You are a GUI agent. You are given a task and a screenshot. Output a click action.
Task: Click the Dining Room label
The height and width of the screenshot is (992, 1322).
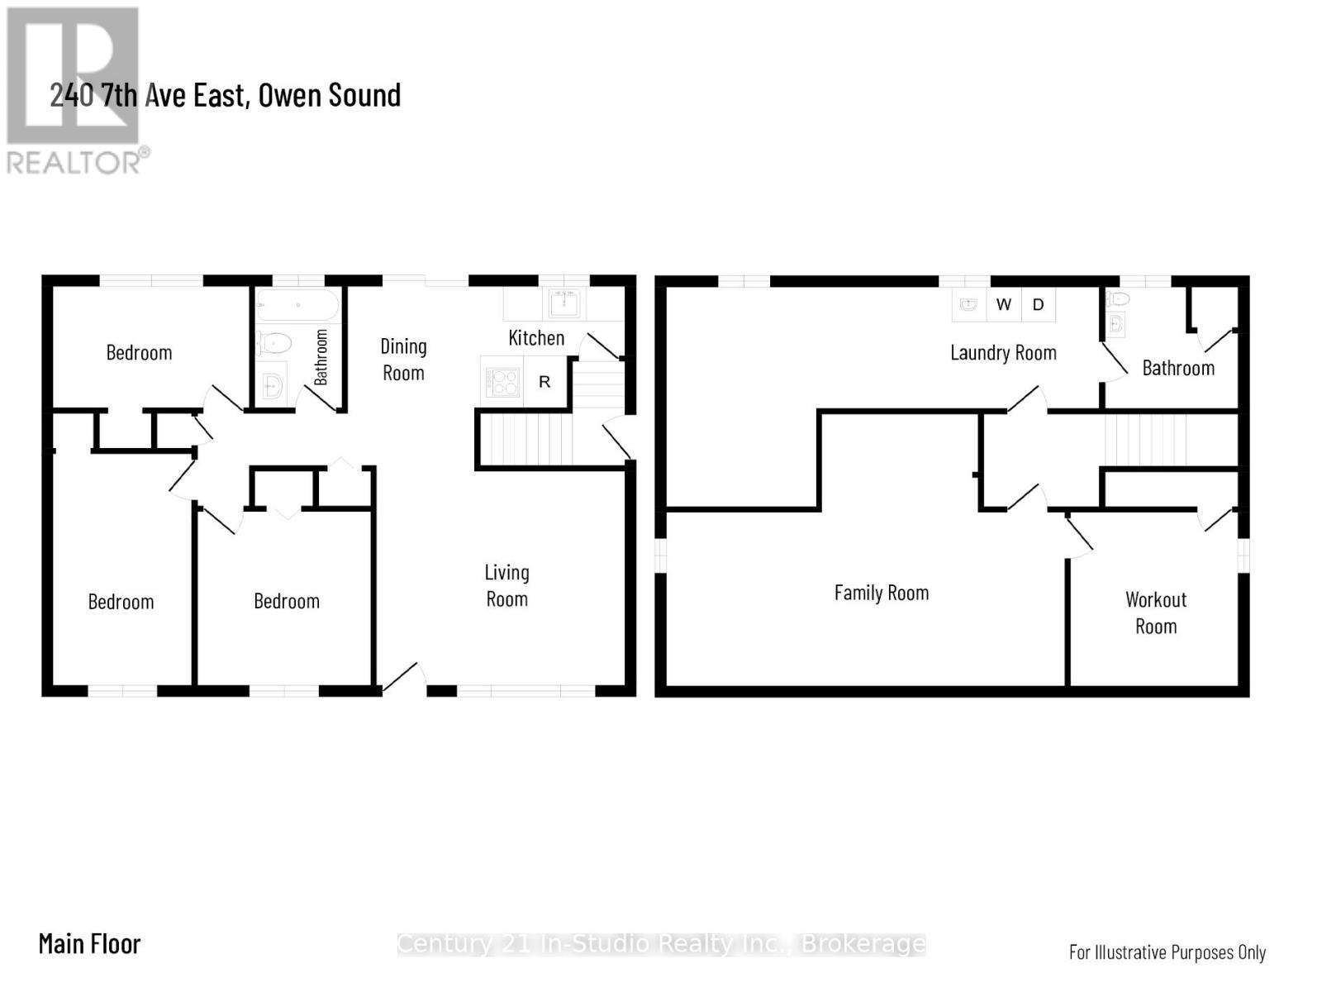tap(403, 360)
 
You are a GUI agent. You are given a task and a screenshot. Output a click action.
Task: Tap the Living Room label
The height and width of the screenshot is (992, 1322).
tap(506, 585)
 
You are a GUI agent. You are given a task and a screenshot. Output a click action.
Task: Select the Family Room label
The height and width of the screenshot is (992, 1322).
tap(881, 594)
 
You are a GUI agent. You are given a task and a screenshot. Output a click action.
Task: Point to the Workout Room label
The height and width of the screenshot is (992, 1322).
tap(1156, 613)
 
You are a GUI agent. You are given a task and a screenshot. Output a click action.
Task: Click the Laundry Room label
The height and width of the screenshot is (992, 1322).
tap(1003, 352)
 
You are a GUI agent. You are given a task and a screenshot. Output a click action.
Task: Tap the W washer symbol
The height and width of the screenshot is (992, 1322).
tap(1003, 305)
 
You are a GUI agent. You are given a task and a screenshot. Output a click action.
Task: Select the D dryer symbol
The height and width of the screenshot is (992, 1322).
tap(1039, 305)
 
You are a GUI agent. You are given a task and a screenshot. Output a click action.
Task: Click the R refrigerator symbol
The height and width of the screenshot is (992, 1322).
tap(544, 381)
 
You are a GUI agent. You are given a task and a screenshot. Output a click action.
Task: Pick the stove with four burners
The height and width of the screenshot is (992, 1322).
tap(502, 381)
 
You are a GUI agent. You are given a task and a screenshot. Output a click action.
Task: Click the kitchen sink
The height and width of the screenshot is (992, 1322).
tap(564, 303)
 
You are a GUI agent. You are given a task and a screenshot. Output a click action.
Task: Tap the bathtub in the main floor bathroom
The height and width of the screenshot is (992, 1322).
tap(297, 305)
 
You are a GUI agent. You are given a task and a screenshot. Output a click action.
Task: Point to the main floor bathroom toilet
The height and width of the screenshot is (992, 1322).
tap(274, 344)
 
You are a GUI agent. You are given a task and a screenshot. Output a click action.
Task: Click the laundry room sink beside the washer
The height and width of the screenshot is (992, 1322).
tap(968, 305)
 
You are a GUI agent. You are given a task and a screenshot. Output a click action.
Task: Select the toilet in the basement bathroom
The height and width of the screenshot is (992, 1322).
tap(1118, 298)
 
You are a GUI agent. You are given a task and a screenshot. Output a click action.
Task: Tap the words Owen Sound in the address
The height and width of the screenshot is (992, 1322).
tap(330, 95)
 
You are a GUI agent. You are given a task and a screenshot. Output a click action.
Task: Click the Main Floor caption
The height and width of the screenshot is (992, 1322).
tap(89, 944)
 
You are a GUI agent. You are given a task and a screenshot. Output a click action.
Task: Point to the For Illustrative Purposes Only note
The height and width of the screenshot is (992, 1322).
tap(1167, 952)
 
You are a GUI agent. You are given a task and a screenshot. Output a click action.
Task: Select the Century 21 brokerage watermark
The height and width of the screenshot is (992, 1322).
tap(661, 944)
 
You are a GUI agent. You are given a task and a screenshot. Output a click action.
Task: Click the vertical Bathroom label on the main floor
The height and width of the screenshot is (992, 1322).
tap(321, 357)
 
